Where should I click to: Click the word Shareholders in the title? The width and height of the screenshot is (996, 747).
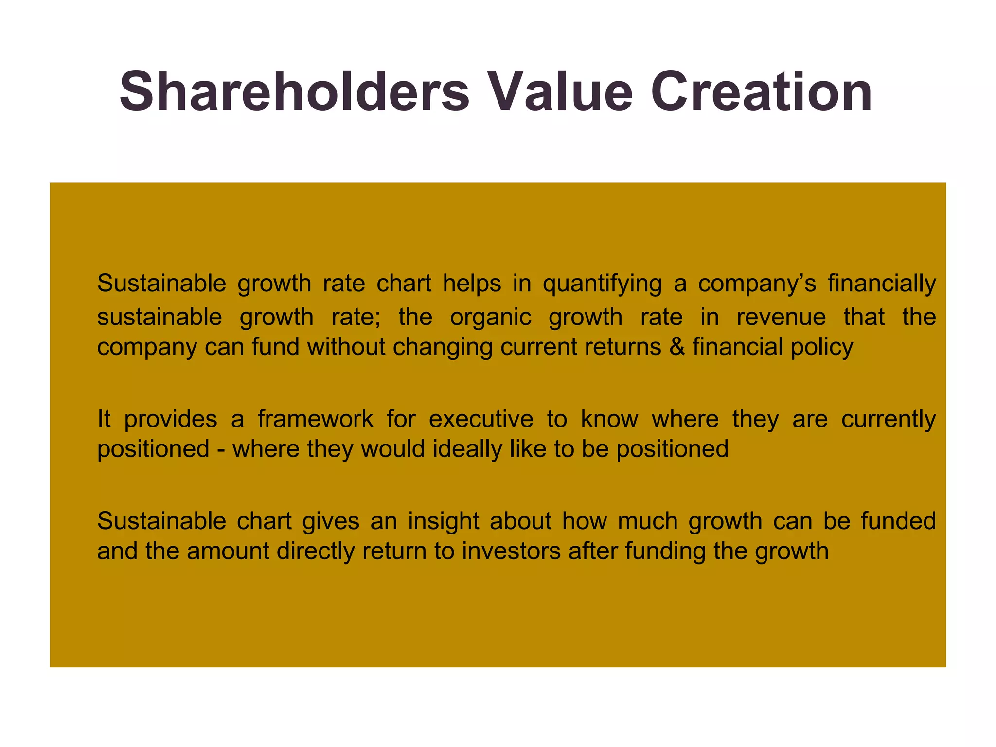[x=294, y=91]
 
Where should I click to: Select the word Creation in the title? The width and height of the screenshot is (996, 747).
[x=761, y=91]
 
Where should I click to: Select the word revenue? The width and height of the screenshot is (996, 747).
[x=781, y=318]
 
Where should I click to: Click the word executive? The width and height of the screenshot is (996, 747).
[x=481, y=419]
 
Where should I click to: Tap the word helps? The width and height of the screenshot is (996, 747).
[x=472, y=284]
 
